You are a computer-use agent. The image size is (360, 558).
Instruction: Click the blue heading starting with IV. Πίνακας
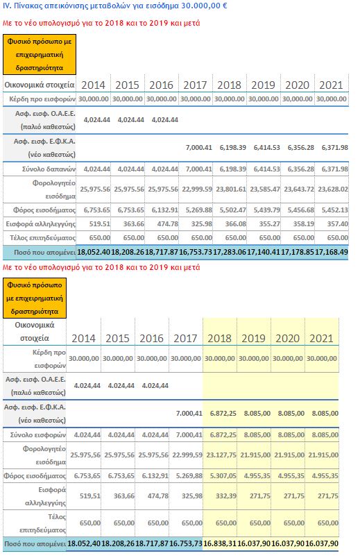coord(114,6)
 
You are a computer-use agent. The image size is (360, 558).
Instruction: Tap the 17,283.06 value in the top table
coord(230,253)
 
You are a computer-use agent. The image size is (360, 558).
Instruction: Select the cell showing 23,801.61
coord(231,189)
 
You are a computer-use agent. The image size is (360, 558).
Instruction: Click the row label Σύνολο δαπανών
coord(49,169)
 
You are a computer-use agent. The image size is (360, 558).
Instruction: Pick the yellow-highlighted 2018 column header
coord(219,338)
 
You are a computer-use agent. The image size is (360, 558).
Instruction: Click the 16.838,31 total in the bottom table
coord(220,543)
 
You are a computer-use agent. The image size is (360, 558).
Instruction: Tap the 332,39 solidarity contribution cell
coord(226,496)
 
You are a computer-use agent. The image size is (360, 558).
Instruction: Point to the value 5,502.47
coord(232,210)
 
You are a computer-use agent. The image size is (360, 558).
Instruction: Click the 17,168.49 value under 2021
coord(332,253)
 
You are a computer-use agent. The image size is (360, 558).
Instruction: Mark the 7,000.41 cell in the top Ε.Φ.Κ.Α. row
coord(199,147)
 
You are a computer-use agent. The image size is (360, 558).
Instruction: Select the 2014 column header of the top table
coord(93,85)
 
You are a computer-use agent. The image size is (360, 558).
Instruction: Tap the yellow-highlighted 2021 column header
coord(322,338)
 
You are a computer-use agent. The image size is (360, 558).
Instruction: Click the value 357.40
coord(338,224)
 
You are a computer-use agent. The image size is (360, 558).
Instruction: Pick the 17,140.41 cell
coord(264,253)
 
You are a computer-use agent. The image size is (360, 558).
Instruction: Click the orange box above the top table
coord(40,54)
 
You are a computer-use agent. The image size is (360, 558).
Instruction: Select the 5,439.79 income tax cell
coord(267,210)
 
